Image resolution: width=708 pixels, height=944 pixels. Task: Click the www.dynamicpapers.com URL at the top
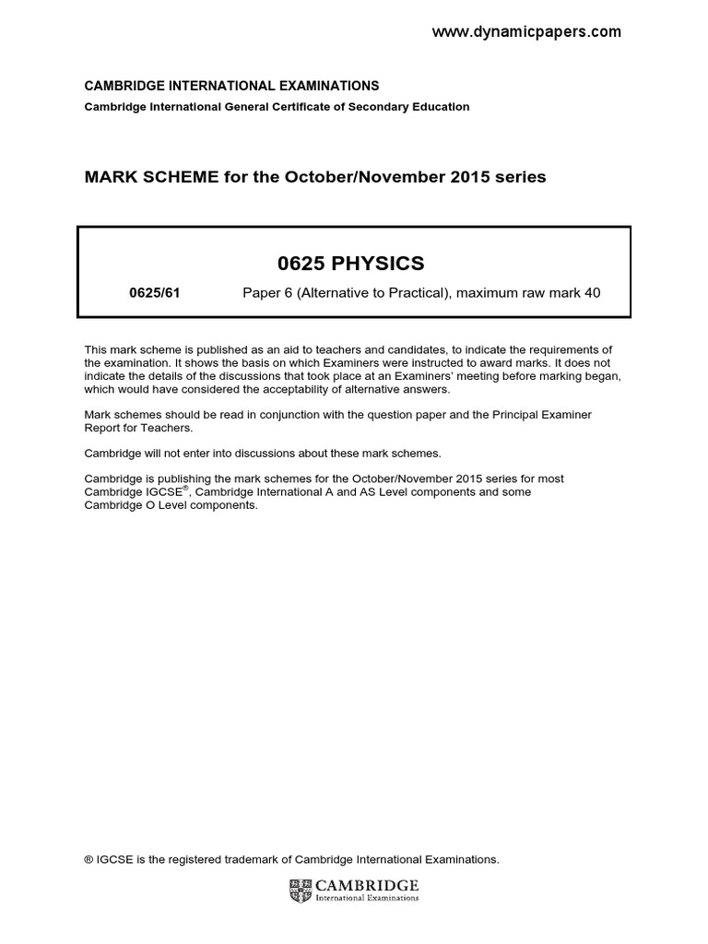click(x=526, y=32)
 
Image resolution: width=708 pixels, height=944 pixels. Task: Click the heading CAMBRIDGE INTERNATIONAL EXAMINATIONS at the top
click(x=231, y=86)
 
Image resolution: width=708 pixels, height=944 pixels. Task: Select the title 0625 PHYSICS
click(x=351, y=264)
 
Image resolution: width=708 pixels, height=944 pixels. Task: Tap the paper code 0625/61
click(x=153, y=294)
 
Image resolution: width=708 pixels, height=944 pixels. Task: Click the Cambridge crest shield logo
click(x=301, y=891)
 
